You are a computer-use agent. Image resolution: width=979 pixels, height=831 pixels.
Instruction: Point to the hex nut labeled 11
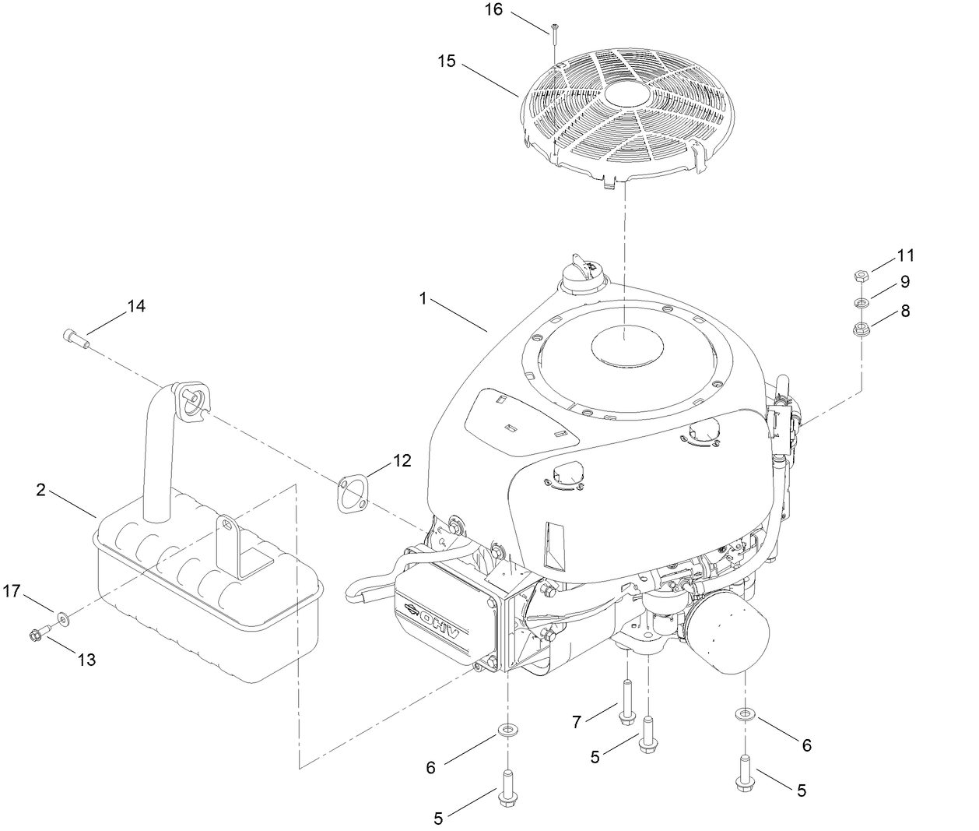click(861, 276)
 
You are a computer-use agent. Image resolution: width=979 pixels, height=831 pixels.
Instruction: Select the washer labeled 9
click(861, 302)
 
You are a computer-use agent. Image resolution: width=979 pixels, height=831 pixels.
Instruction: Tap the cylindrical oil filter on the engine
click(728, 632)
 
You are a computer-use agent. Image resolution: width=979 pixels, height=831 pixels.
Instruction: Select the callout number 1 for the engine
click(423, 298)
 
